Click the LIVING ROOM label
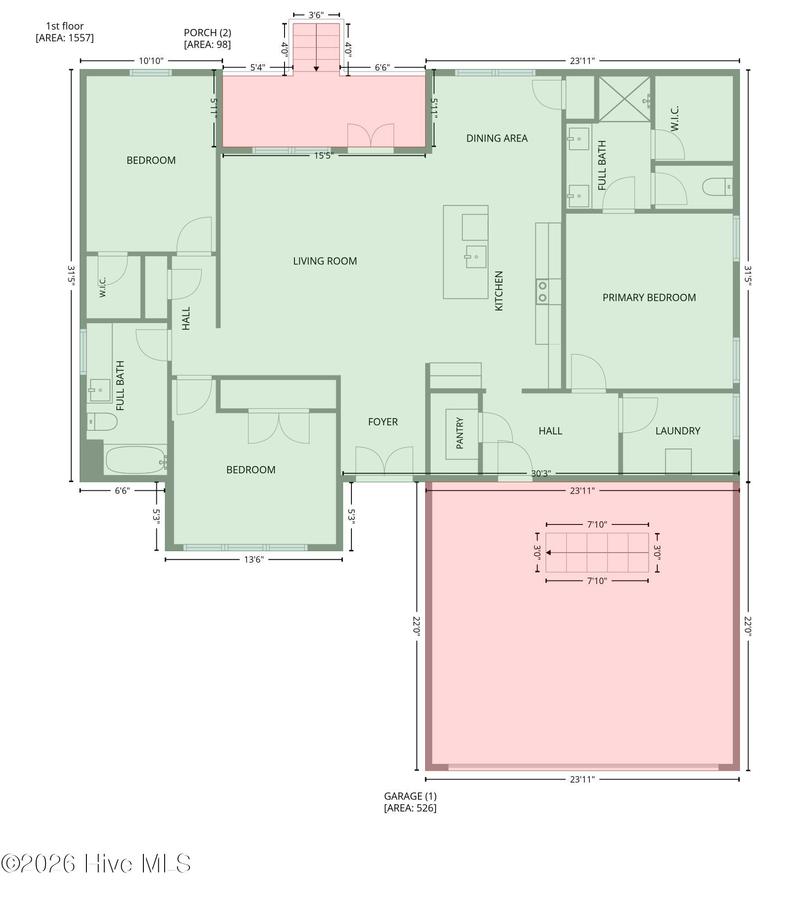tap(325, 261)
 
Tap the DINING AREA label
tap(497, 138)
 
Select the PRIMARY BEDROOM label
tap(649, 298)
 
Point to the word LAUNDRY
tap(678, 431)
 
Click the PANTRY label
tap(460, 433)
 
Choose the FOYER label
tap(383, 422)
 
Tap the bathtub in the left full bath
tap(136, 460)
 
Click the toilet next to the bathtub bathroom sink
tap(102, 422)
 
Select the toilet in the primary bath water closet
tap(717, 187)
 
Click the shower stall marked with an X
tap(625, 99)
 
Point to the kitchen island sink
tap(475, 257)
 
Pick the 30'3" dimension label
tap(541, 473)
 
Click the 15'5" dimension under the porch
tap(324, 156)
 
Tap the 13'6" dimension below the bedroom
tap(254, 560)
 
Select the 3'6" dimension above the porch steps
tap(316, 15)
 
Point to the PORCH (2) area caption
tap(208, 38)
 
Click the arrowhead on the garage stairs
tap(548, 553)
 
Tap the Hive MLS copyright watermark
tap(96, 864)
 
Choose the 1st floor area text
tap(65, 32)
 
